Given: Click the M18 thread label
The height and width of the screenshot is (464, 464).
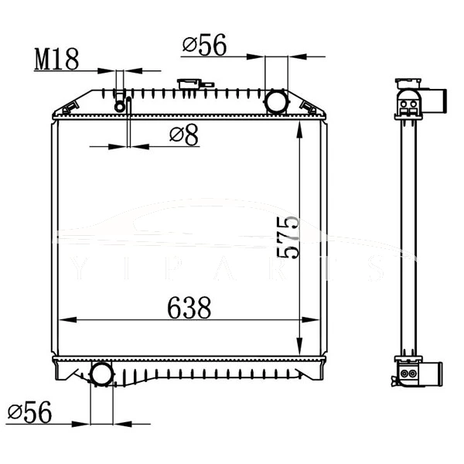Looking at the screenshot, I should pos(56,60).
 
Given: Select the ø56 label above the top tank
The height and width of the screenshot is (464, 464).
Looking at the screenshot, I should pos(204,46).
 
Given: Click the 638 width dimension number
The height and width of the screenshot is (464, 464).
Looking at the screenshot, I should pos(189,309).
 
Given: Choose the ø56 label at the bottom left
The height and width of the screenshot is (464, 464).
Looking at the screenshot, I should pos(29,413).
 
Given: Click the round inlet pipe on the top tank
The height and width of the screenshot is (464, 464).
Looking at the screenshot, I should pos(276,101).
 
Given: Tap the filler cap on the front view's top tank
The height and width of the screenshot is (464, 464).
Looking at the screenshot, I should pos(187,84).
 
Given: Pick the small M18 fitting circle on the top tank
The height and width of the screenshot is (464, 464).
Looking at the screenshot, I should pos(120,105).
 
